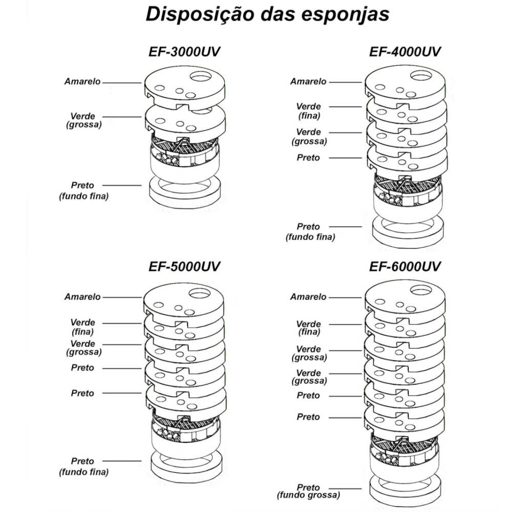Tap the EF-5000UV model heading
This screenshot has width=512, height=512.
(184, 267)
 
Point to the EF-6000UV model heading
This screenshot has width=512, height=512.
(405, 267)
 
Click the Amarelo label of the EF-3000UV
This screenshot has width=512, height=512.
(82, 81)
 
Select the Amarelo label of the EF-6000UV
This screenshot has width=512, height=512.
(308, 297)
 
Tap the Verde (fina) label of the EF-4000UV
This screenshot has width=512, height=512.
(308, 111)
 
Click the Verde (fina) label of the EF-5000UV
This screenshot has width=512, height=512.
(83, 327)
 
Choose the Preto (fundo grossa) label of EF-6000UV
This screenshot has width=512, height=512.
(308, 492)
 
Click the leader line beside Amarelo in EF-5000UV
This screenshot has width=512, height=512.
(122, 297)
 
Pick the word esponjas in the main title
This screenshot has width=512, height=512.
(348, 14)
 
